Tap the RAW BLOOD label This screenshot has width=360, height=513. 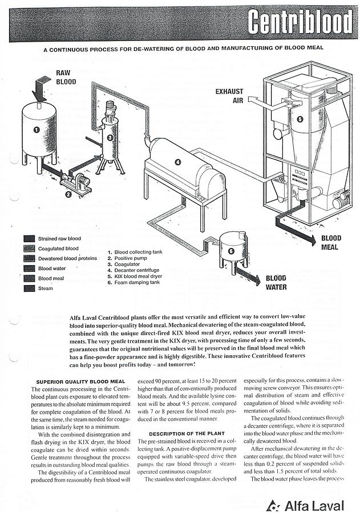[x=66, y=78]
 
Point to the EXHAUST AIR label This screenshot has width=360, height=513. [x=229, y=96]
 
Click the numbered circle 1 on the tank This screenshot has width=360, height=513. [x=37, y=130]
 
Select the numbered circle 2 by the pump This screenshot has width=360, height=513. [x=68, y=194]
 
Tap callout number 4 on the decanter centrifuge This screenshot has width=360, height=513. [x=177, y=162]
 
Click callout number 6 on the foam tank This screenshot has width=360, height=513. [x=230, y=250]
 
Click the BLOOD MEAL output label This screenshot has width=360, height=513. [x=330, y=243]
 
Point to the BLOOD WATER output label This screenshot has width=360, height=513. [x=276, y=283]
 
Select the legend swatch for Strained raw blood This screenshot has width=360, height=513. [x=29, y=238]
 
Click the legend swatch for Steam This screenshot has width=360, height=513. [x=29, y=288]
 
